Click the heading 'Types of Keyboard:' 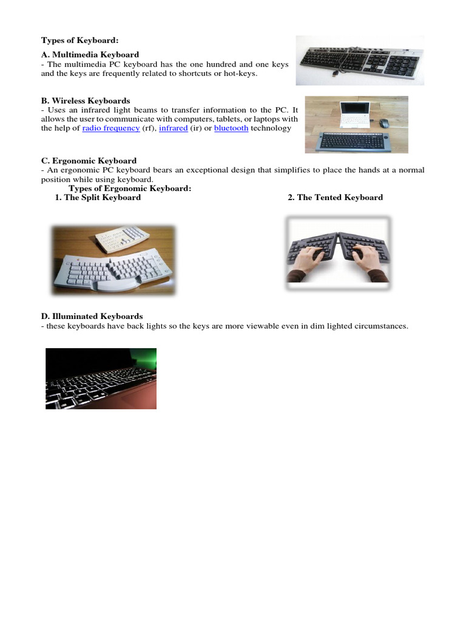(x=79, y=41)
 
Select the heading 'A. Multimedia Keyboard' (x=90, y=55)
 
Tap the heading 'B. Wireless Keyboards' (x=86, y=101)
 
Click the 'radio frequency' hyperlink (x=111, y=129)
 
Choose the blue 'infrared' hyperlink (x=174, y=129)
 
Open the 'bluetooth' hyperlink (x=231, y=129)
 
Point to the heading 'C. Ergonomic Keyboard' (x=89, y=161)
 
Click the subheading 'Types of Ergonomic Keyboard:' (x=130, y=189)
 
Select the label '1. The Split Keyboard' (x=98, y=198)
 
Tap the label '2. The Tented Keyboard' (x=335, y=198)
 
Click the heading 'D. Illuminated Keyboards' (x=92, y=317)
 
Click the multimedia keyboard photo (x=359, y=61)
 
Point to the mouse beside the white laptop (x=384, y=123)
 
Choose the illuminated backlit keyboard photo (x=101, y=378)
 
